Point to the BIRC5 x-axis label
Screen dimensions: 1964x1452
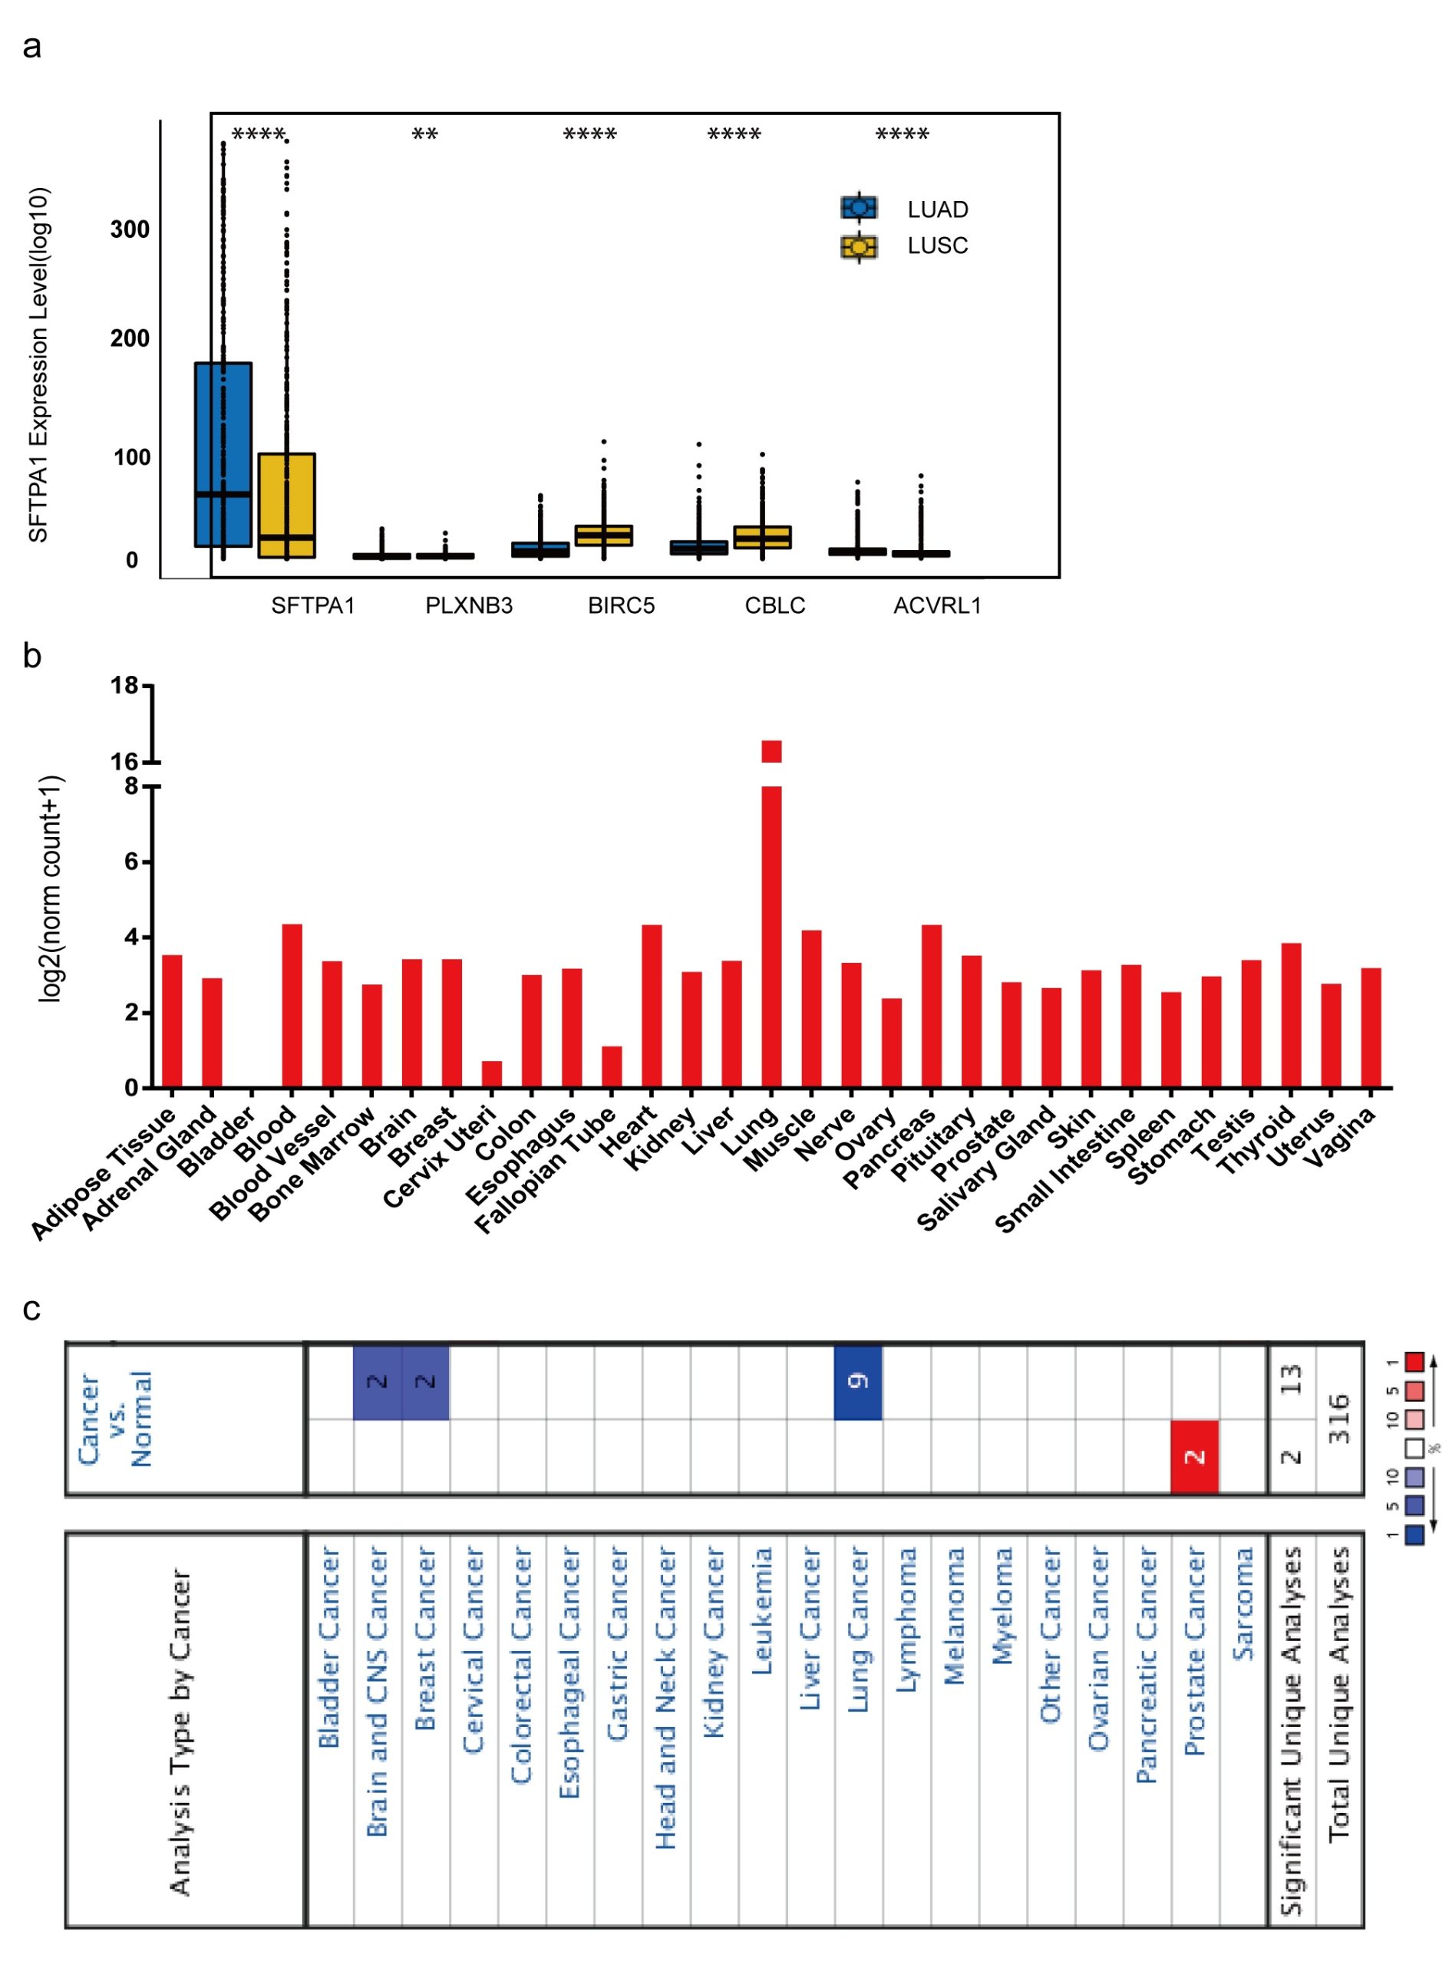pos(622,605)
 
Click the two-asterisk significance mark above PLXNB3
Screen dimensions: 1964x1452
pos(425,134)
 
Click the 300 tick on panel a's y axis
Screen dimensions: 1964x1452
pos(130,230)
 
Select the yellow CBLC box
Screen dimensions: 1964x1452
pos(762,537)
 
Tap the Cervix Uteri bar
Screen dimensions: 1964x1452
pos(492,1074)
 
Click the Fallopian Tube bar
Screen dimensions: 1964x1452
pos(612,1067)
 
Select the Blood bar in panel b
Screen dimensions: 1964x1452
pos(292,1005)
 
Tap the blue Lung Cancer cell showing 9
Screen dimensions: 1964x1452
pos(858,1382)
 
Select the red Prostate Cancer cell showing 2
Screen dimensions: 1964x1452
pos(1194,1456)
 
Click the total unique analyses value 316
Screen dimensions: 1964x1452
pos(1339,1419)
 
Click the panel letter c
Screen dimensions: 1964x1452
pos(31,1310)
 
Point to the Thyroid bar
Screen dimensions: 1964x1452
pos(1291,1015)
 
